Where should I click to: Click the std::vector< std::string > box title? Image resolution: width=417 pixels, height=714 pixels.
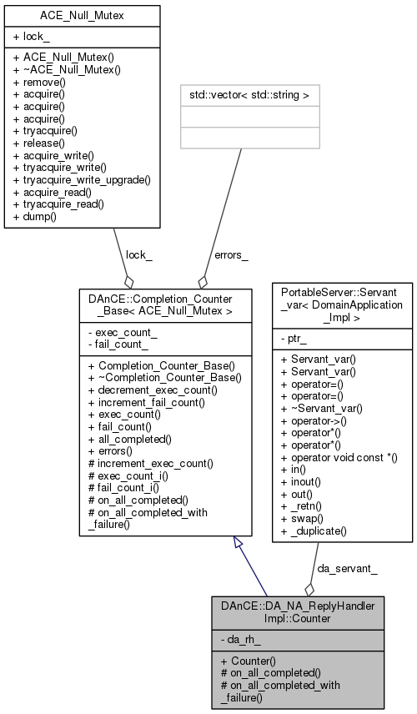(x=241, y=95)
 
